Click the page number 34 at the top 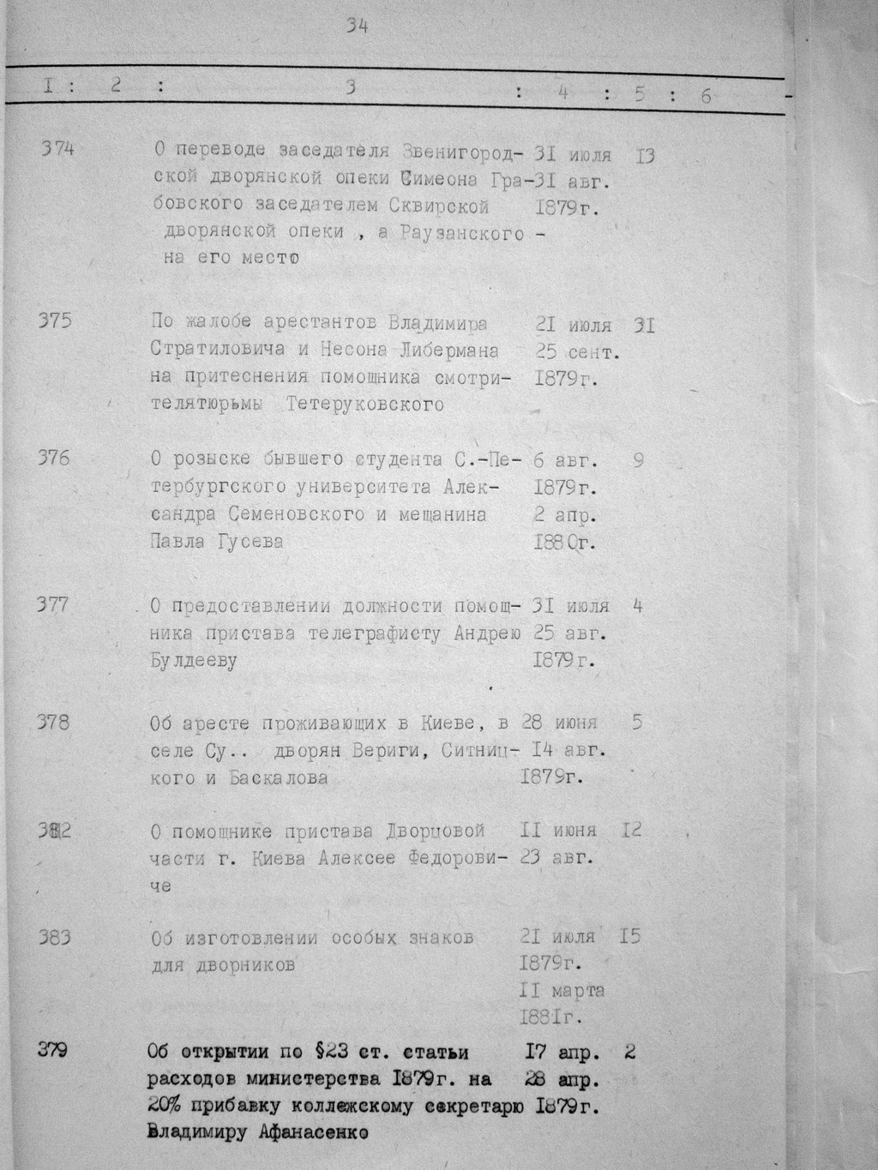coord(358,27)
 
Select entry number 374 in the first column coord(58,148)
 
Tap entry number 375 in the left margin coord(56,321)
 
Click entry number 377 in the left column coord(53,605)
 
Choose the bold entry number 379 coord(53,1050)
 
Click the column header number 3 coord(350,87)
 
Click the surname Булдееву coord(193,661)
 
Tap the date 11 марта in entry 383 coord(562,991)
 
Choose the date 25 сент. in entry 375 coord(577,351)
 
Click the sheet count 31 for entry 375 coord(644,325)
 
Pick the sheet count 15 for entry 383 coord(629,936)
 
